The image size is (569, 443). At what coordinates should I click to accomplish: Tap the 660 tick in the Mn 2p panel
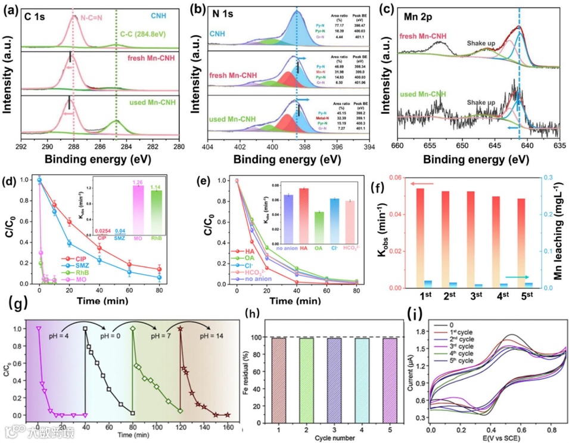398,146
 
